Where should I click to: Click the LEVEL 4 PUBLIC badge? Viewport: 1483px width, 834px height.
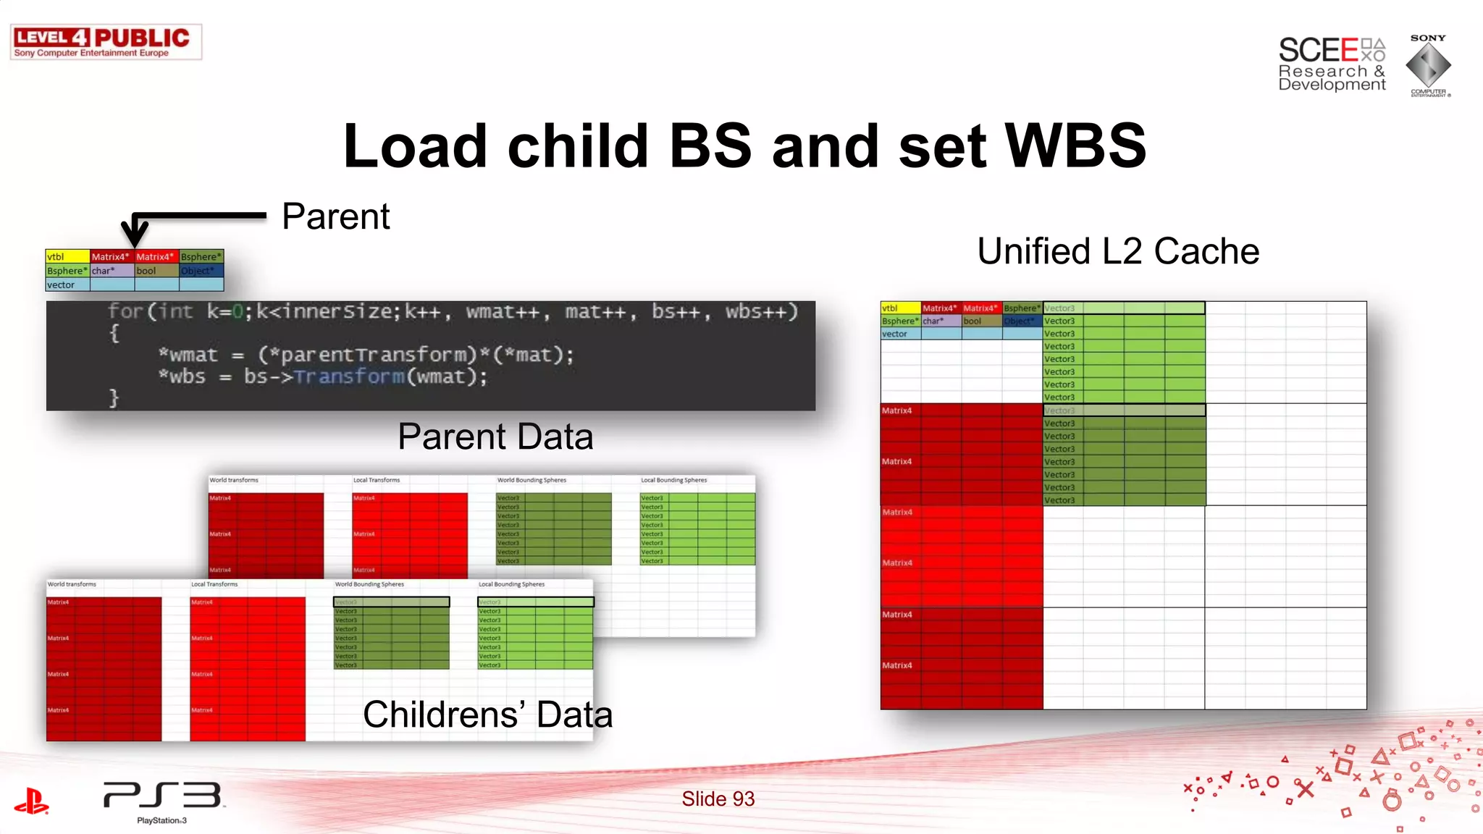106,42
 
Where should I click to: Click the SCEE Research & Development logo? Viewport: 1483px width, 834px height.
1331,64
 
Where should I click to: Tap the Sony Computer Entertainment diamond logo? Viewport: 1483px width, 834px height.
1428,65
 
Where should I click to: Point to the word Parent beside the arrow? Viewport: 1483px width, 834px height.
335,216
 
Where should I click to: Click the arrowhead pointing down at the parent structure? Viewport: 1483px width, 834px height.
135,235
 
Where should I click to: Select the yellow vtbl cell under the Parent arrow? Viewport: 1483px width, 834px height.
67,256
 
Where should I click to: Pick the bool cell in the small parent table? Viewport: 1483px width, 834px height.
156,271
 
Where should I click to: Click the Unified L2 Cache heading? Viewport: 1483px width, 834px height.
1117,252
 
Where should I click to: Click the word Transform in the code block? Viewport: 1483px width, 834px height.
349,376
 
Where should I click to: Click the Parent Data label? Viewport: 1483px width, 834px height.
495,437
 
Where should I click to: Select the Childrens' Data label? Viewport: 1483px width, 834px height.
487,715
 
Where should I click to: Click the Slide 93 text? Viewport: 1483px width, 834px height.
718,799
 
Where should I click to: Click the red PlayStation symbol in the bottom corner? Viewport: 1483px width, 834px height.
31,801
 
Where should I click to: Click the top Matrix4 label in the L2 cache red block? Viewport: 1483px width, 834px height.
896,410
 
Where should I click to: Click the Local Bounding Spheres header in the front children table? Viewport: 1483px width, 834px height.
511,584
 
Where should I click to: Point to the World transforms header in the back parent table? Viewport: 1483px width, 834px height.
234,480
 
